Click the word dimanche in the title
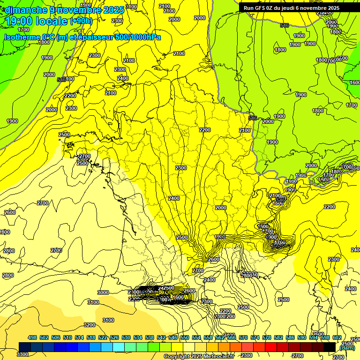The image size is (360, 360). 26,10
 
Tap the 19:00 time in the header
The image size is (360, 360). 20,21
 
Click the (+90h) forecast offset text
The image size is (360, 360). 81,21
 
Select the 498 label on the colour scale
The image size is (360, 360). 32,337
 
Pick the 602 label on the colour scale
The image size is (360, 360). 337,337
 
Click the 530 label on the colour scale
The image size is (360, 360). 126,337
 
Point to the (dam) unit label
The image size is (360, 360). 347,347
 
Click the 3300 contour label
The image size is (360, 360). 22,354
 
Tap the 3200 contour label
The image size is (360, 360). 90,325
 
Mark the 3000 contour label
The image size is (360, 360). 103,292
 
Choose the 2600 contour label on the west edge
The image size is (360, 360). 9,212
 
